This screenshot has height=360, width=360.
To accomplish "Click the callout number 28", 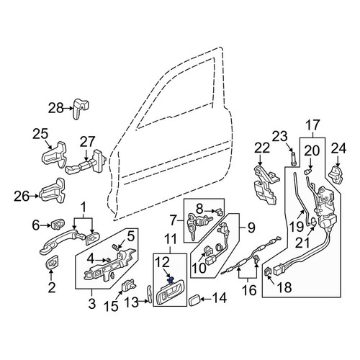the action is click(55, 108).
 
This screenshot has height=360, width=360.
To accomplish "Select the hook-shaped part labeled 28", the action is click(80, 108).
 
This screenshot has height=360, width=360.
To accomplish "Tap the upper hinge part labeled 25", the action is click(55, 154).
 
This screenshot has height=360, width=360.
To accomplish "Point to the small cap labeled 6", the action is click(58, 224).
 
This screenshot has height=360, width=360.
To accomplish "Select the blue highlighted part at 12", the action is click(171, 280).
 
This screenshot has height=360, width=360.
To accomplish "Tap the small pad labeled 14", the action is click(194, 301).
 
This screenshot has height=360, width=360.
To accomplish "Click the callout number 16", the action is click(249, 290).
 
